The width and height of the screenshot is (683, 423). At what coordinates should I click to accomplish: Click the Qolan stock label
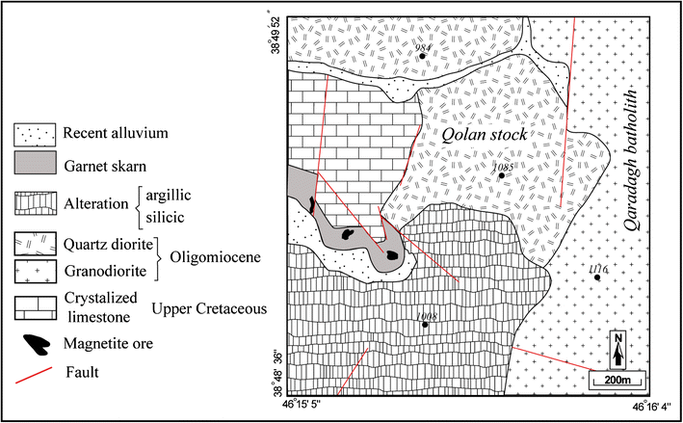[x=484, y=135]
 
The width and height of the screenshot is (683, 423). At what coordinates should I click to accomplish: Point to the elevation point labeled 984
[x=422, y=57]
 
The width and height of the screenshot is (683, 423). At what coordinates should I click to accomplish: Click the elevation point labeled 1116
[x=597, y=278]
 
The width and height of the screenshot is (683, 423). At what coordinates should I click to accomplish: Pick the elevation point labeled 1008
[x=426, y=325]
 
